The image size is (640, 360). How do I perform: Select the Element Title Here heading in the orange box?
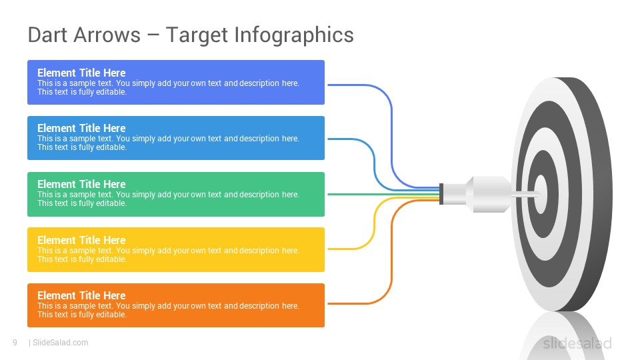pos(81,295)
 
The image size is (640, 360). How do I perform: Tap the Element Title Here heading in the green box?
pos(81,184)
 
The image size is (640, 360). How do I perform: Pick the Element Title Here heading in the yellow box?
pos(81,240)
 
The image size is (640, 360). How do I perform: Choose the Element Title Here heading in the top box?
pos(81,73)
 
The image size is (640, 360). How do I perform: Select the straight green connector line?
pos(384,194)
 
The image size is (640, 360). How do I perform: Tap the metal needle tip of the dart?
pos(526,194)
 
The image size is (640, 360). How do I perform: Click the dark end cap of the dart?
pos(441,194)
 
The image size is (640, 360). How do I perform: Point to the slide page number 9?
pos(15,343)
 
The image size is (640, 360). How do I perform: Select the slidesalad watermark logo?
pos(577,343)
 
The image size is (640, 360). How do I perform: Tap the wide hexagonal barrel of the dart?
pos(490,194)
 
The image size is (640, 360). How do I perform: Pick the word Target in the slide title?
pos(197,35)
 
